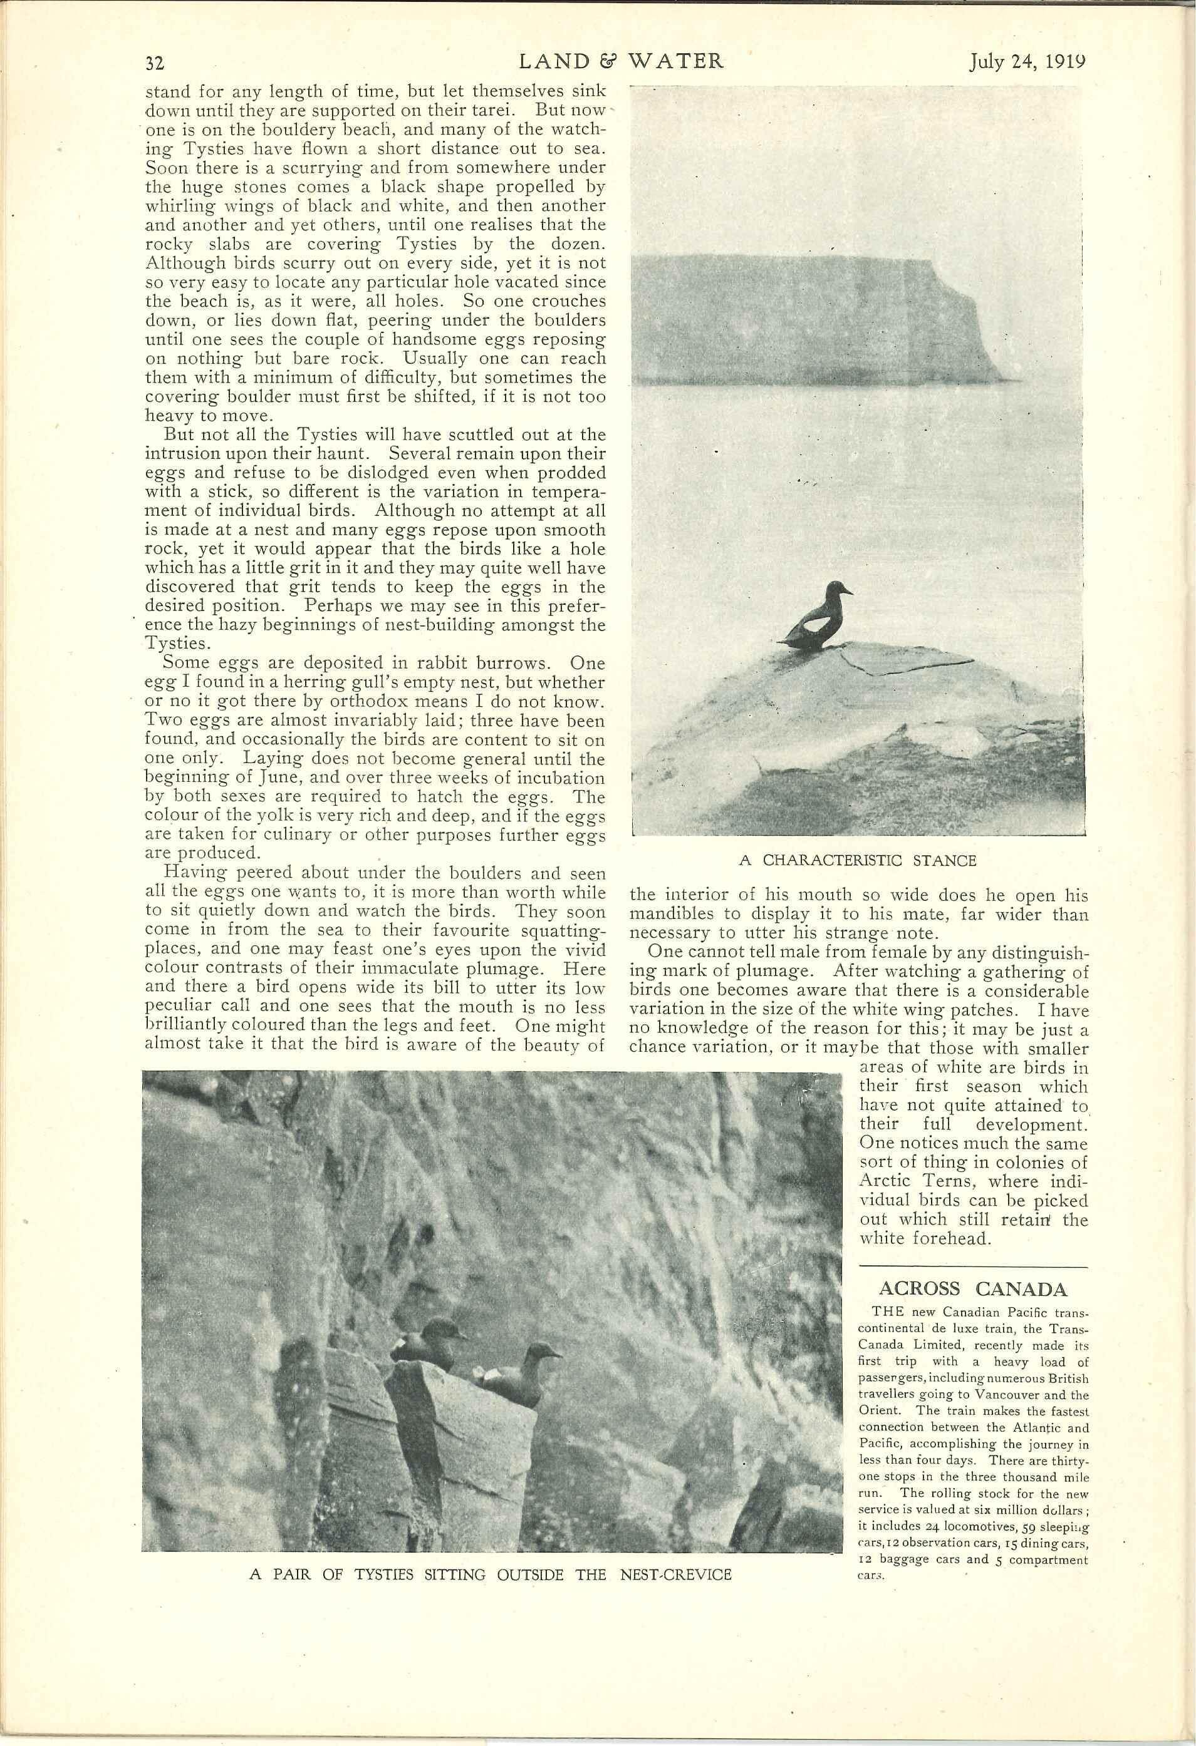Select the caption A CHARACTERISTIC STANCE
[857, 861]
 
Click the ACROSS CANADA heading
[973, 1288]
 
